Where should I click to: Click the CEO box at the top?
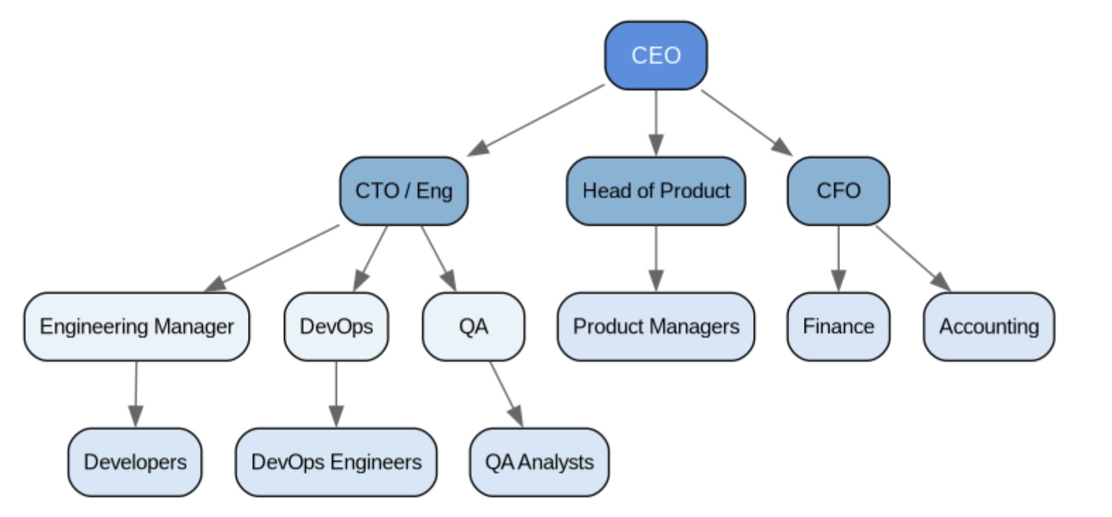click(x=656, y=55)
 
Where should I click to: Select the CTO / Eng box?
click(x=403, y=191)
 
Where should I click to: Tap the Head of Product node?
click(x=656, y=191)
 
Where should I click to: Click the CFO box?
click(x=838, y=191)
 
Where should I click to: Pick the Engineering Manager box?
click(x=136, y=326)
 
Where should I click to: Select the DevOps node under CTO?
click(x=336, y=326)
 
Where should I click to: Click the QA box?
click(x=473, y=326)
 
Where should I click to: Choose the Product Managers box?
click(x=656, y=326)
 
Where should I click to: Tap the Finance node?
click(x=838, y=326)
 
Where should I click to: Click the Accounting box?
click(x=988, y=326)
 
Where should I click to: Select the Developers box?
click(x=135, y=462)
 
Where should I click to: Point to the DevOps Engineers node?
click(x=336, y=462)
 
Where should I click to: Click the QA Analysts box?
click(x=539, y=462)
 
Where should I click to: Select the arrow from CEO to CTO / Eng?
click(x=537, y=119)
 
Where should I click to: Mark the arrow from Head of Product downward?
click(x=656, y=258)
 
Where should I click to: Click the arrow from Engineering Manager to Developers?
click(x=136, y=394)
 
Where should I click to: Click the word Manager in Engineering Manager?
click(x=194, y=326)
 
